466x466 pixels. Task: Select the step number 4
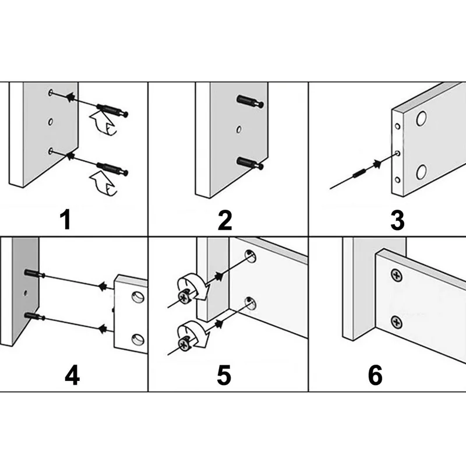click(x=71, y=375)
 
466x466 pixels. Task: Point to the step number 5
click(x=224, y=375)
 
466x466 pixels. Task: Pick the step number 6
click(x=376, y=375)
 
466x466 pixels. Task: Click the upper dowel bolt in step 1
click(x=112, y=110)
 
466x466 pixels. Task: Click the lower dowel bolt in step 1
click(x=112, y=168)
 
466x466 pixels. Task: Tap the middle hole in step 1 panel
click(x=51, y=122)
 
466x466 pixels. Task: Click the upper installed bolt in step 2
click(x=250, y=102)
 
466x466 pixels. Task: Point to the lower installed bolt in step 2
click(x=250, y=163)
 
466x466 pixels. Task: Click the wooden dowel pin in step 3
click(x=358, y=173)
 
